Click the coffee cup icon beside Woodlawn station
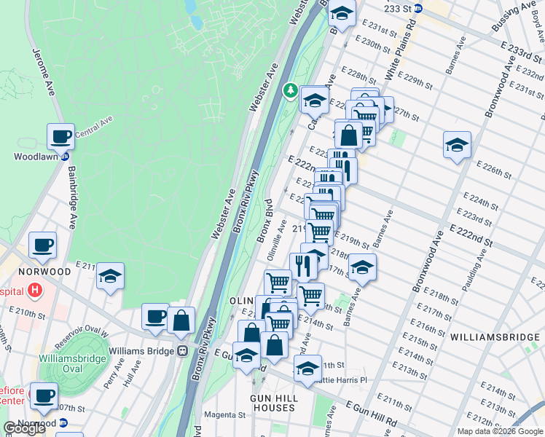click(x=61, y=136)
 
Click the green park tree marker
click(x=291, y=90)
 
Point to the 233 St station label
click(x=408, y=9)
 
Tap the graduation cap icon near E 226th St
click(x=457, y=145)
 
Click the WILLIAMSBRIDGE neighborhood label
click(x=493, y=337)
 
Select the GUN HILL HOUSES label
click(x=273, y=403)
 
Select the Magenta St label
click(x=223, y=414)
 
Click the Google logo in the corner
click(x=24, y=428)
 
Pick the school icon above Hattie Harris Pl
click(x=307, y=369)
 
